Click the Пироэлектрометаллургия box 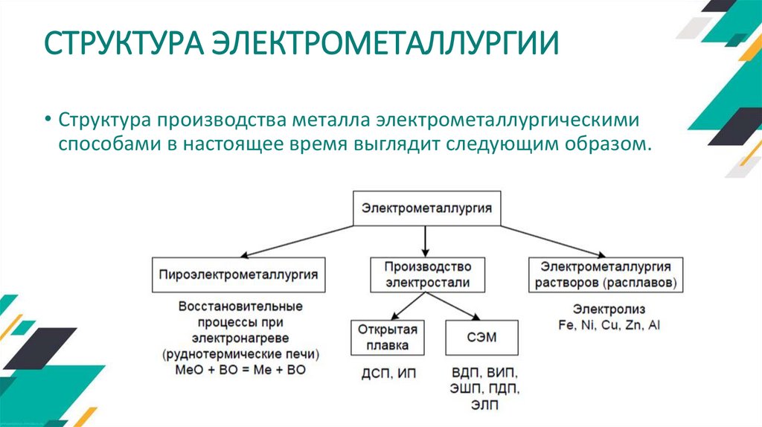[238, 274]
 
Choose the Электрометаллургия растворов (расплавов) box [606, 274]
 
